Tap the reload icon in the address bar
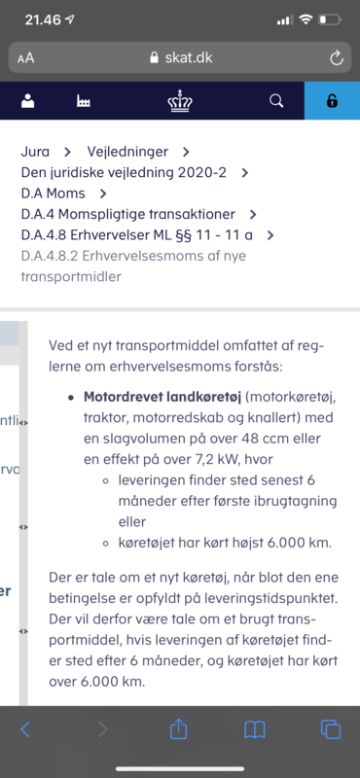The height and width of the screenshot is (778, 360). point(337,57)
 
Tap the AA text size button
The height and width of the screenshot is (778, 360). point(25,57)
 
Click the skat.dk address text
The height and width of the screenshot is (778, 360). point(186,57)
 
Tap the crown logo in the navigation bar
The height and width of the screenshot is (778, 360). point(180,100)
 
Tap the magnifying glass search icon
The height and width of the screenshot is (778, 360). point(275,100)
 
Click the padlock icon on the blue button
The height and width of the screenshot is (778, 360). point(332,101)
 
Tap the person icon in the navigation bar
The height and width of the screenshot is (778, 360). point(27,100)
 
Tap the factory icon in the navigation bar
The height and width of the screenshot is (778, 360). point(83,100)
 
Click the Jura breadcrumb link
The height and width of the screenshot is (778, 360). point(35,152)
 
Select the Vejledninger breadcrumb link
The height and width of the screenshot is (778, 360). point(126,152)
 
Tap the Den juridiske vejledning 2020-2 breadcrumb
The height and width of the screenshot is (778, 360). point(124,172)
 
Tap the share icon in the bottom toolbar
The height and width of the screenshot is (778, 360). point(178,728)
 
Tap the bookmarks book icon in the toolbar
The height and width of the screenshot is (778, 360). point(255,728)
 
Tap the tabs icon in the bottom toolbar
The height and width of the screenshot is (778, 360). point(330,728)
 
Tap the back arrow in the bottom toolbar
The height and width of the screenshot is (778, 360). point(26,728)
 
